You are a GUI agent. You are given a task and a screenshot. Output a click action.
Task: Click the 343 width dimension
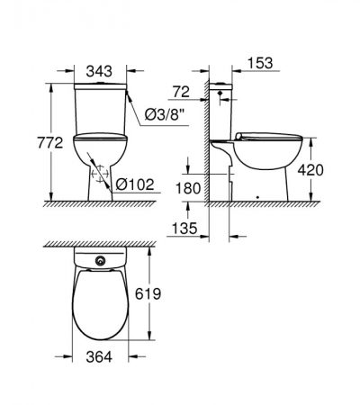click(99, 71)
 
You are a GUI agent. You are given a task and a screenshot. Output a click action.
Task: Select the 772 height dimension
click(50, 143)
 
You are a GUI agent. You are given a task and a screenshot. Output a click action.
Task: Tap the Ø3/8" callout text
click(165, 114)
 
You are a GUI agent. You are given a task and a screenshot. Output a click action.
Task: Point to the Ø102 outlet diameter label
click(135, 184)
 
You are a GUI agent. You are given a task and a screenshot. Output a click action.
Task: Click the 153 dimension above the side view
click(260, 63)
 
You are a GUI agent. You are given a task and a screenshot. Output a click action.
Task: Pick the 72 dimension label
click(181, 92)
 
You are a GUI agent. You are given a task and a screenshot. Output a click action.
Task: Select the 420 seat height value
click(310, 170)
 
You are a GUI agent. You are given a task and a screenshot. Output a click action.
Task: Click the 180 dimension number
click(188, 189)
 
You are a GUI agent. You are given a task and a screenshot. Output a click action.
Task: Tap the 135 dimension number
click(184, 229)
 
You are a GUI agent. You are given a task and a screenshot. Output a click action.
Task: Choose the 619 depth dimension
click(148, 294)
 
